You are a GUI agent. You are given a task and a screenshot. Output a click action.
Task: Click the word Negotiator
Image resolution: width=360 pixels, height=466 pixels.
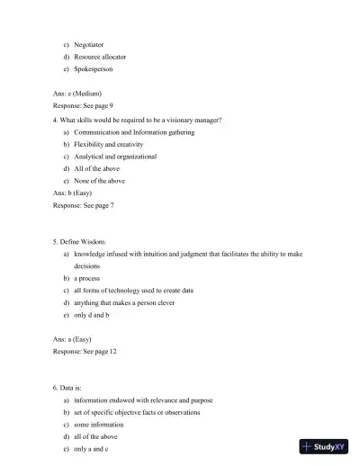[89, 43]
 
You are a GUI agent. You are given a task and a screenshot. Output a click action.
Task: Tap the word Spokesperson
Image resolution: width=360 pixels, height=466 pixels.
[94, 68]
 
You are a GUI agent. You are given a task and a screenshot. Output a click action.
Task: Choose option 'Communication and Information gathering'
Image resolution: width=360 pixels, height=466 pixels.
[131, 131]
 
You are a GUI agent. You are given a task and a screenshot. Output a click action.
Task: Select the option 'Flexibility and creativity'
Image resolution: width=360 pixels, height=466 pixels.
[109, 144]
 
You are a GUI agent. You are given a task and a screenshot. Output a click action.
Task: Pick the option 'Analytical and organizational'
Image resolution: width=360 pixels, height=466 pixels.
[115, 156]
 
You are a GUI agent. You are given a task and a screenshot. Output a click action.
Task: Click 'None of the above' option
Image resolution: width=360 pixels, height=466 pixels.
[100, 181]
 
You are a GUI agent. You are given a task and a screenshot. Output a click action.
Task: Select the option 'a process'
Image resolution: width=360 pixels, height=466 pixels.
[87, 278]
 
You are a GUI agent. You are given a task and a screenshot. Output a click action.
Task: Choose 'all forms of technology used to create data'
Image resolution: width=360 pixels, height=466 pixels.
[133, 291]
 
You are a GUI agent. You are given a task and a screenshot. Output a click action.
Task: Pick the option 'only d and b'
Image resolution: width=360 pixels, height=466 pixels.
[92, 316]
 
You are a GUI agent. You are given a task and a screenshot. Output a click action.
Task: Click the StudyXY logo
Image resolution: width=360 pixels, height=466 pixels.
[324, 446]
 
